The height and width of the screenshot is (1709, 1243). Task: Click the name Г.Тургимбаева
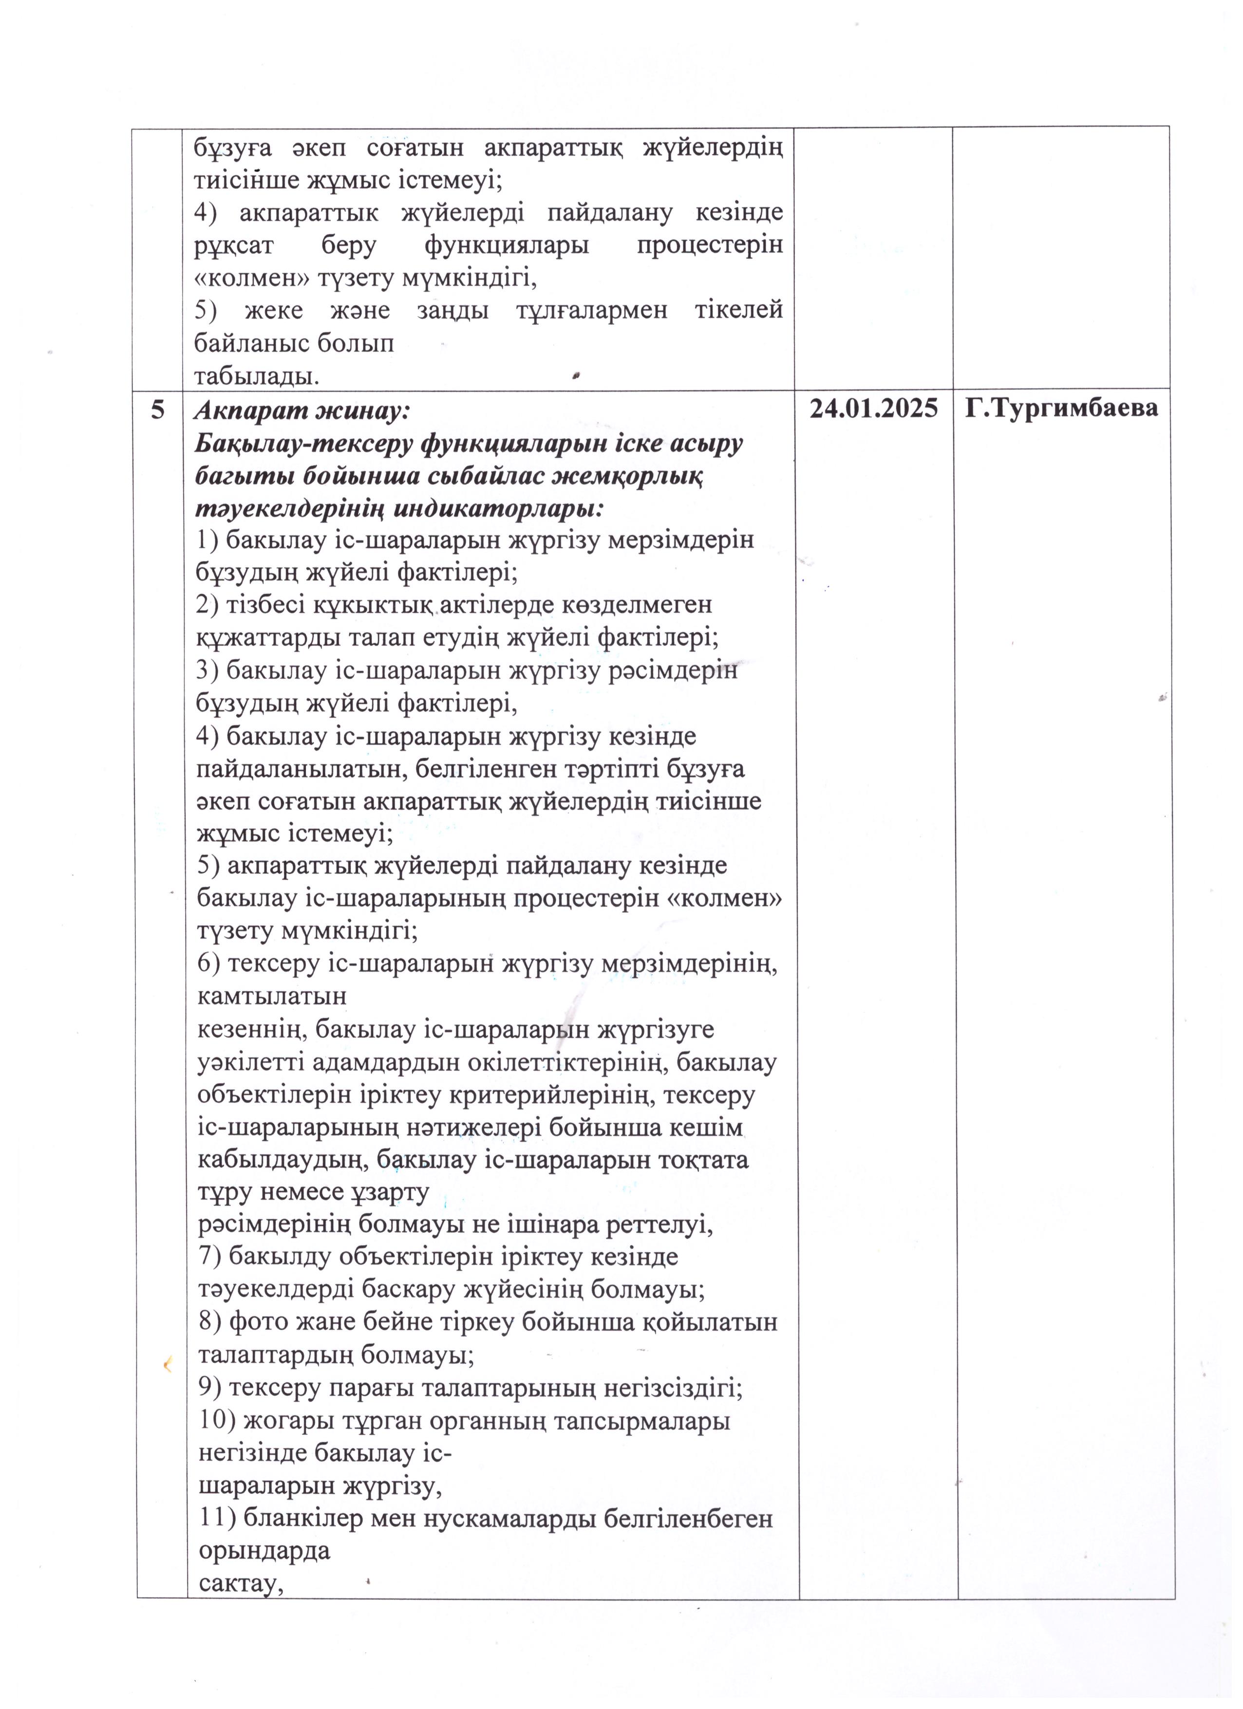pos(1062,409)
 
